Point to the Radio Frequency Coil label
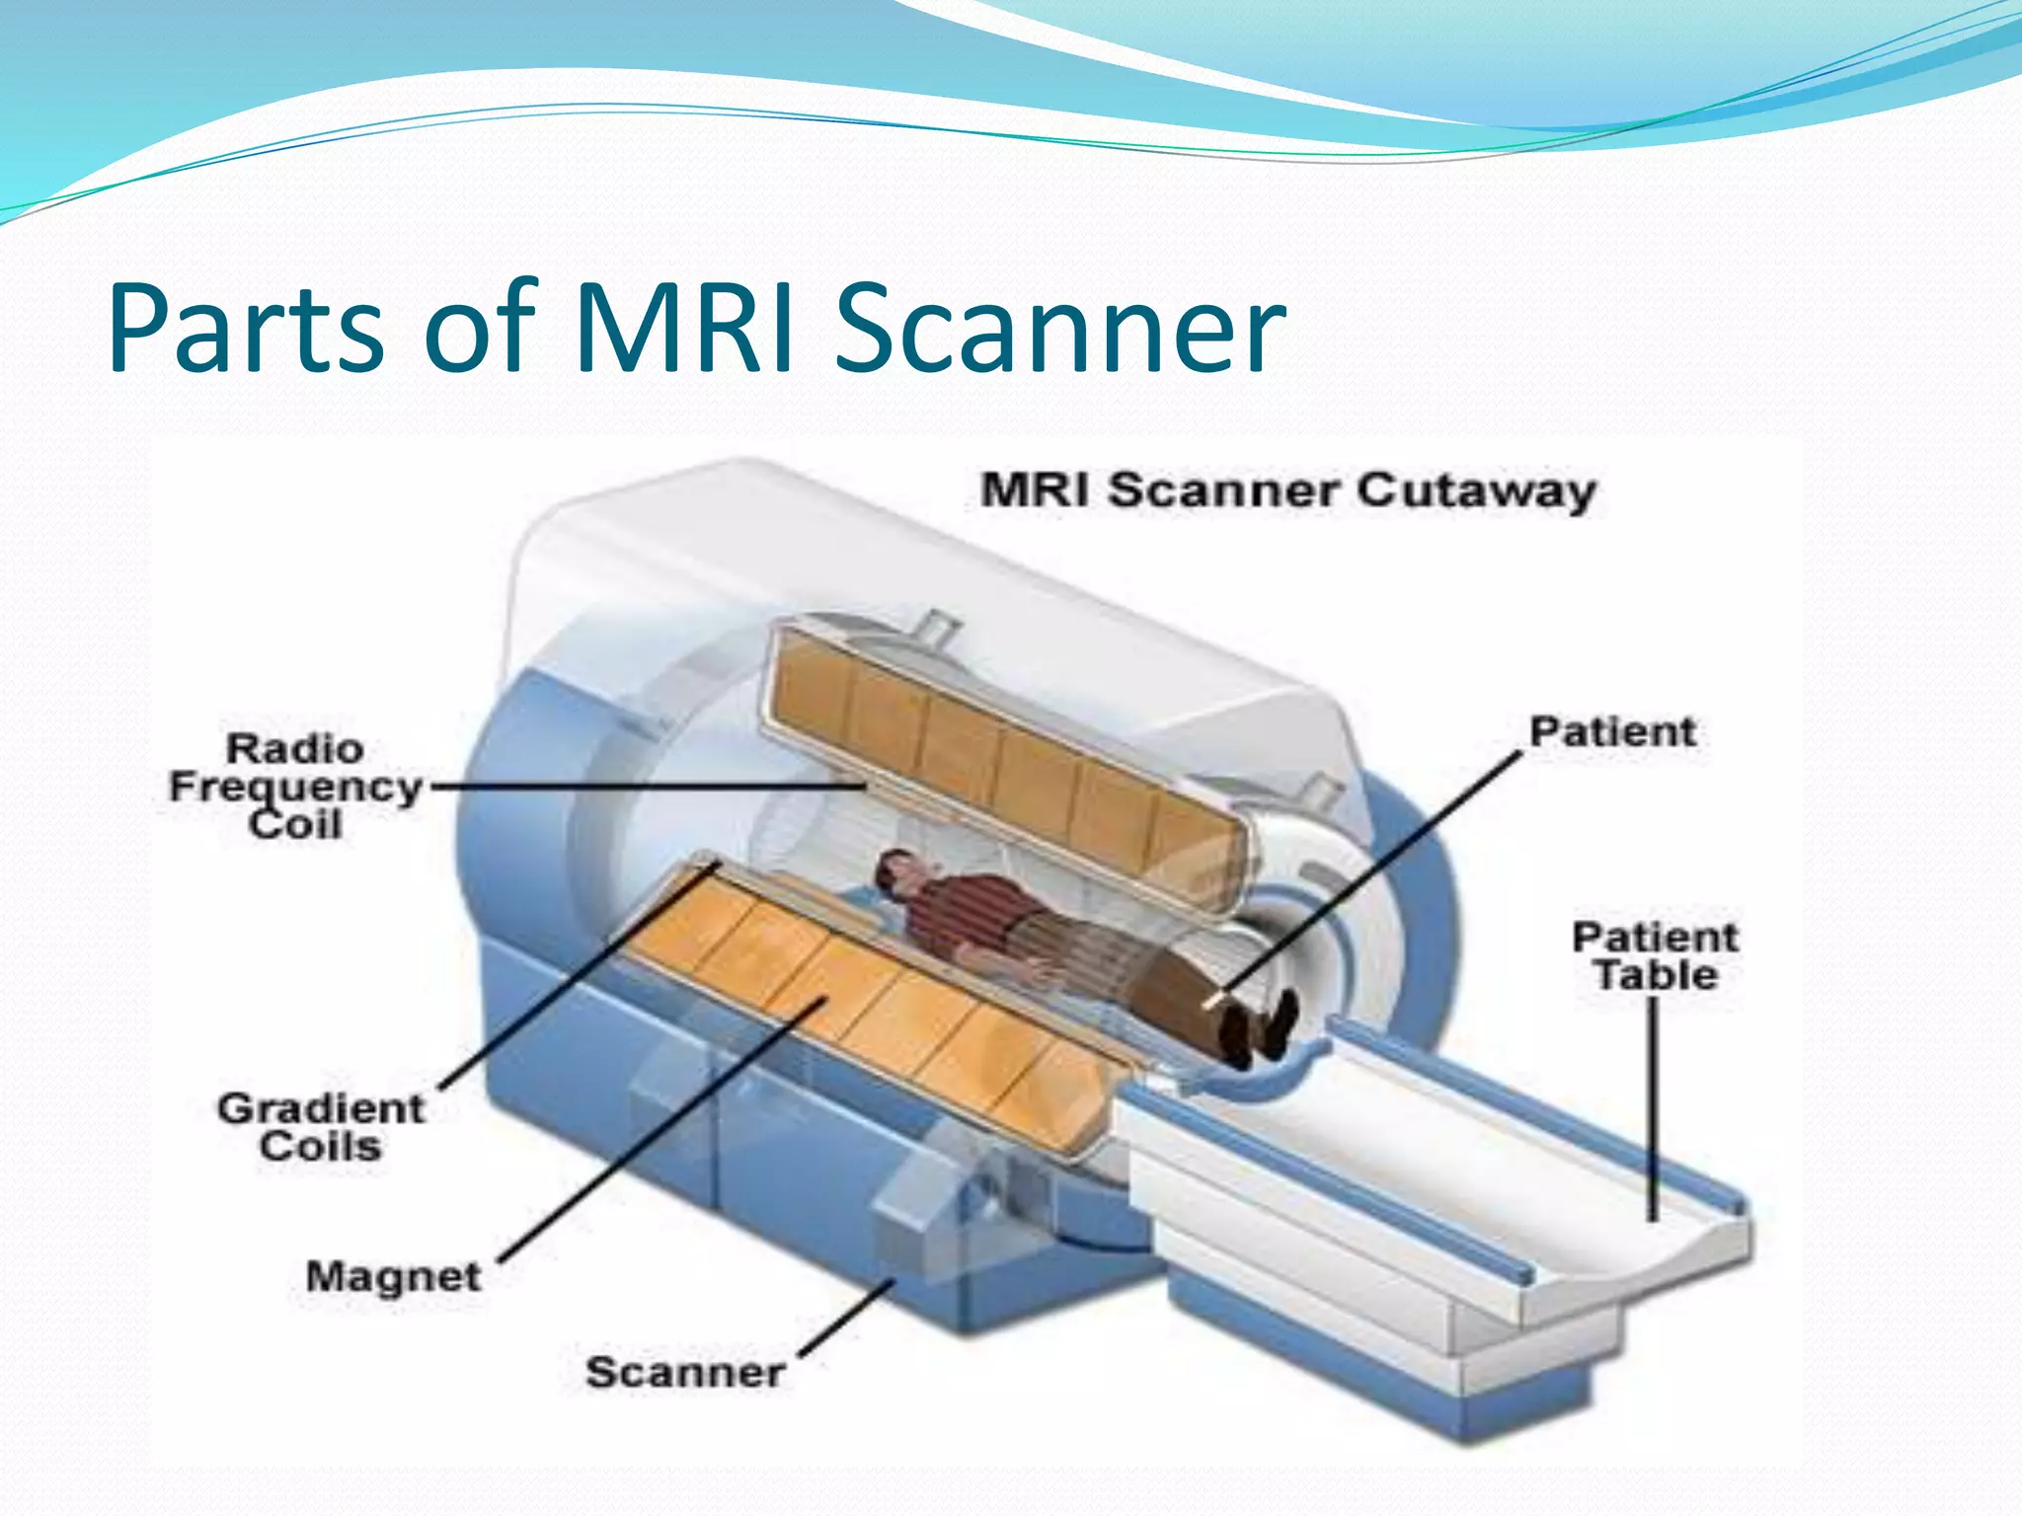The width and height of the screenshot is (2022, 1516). [x=295, y=787]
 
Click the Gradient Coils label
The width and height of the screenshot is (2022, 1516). [x=321, y=1127]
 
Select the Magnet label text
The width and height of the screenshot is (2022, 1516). [x=393, y=1276]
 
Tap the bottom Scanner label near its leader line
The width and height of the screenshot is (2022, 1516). [x=685, y=1372]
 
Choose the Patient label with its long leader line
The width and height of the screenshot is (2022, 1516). [x=1611, y=732]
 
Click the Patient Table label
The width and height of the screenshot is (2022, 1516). [x=1655, y=955]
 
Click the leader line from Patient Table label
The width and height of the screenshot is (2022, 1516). [x=1653, y=1105]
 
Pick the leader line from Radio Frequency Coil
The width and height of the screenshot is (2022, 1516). [x=642, y=788]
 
